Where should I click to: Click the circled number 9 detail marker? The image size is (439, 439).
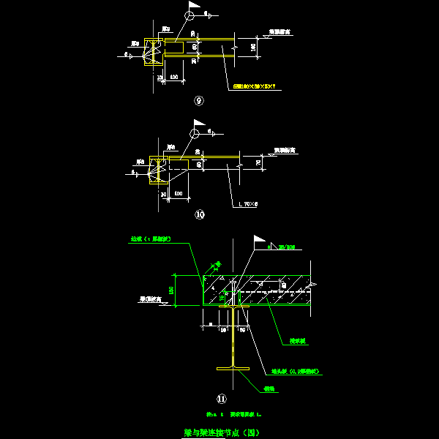198,102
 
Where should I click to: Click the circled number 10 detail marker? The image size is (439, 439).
199,215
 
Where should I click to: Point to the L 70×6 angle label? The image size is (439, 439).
250,205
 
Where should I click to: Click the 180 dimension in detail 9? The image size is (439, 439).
253,47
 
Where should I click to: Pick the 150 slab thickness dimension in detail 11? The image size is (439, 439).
173,290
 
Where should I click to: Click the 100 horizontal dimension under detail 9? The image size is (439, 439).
173,77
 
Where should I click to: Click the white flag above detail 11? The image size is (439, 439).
258,239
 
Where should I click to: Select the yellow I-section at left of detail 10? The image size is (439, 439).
154,170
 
